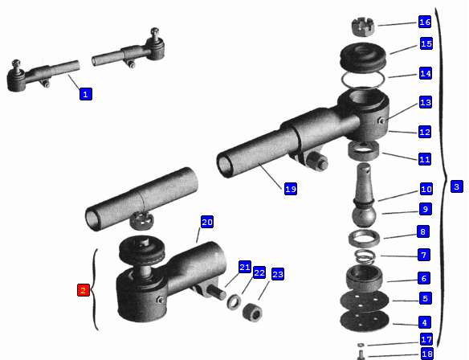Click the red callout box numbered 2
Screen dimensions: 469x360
84,290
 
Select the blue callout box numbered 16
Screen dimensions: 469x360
425,22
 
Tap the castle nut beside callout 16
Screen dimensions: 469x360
363,27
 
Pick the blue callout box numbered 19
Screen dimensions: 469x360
291,189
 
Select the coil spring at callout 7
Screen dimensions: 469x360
365,257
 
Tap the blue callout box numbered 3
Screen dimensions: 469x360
457,186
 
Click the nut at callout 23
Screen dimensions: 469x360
252,312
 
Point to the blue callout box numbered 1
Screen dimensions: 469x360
86,94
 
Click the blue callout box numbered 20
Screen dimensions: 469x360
207,222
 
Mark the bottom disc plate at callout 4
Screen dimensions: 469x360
365,321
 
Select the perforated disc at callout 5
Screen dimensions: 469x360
365,301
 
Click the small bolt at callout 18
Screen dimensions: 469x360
361,355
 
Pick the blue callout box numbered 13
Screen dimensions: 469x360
426,103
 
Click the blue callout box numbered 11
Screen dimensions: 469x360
425,159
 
